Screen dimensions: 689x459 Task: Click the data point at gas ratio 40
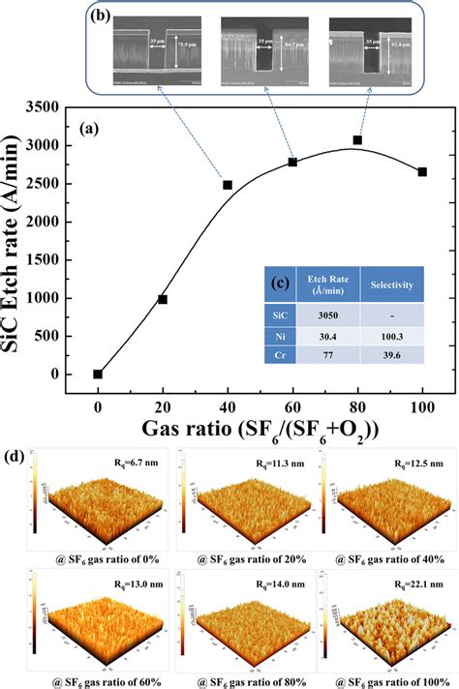pos(228,185)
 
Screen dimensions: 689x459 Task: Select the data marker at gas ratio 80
pos(357,140)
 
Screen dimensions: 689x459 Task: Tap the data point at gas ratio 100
pos(422,172)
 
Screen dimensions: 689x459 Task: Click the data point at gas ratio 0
pos(98,374)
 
